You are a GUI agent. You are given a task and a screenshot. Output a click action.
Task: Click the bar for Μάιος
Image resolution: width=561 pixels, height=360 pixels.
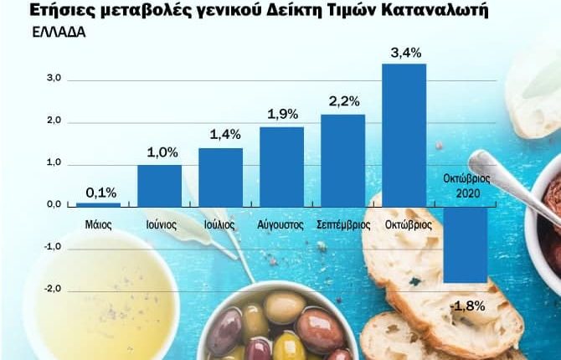pos(98,204)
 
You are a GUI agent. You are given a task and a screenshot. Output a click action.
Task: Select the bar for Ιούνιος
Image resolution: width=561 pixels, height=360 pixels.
pos(159,185)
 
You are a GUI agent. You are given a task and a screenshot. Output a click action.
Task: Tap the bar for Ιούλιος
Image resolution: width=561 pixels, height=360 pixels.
pos(220,177)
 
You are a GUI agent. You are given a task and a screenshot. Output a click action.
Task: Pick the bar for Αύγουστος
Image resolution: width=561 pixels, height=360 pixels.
pos(281,166)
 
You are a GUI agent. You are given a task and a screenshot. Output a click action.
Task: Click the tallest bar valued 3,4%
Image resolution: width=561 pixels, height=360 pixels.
pos(404,134)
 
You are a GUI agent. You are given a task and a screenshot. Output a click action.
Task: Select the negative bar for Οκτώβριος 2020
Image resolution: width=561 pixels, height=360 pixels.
pos(465,244)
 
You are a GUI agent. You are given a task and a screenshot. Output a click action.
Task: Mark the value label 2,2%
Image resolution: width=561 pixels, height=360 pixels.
pos(343,102)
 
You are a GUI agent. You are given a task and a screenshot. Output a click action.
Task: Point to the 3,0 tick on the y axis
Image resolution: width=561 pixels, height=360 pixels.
pos(54,80)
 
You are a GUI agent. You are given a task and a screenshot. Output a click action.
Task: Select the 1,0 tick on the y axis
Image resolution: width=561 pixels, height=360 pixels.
pos(54,163)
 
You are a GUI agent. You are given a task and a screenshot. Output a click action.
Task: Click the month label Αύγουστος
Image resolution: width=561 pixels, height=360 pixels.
pos(281,225)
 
